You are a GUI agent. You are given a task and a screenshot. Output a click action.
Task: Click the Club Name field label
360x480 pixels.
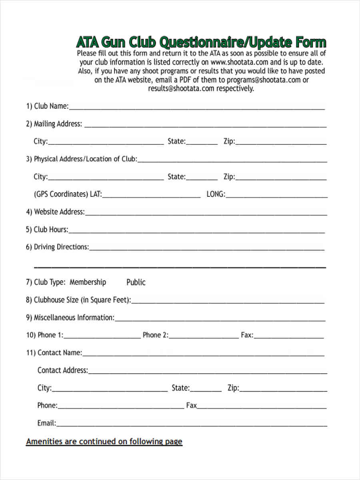(47, 106)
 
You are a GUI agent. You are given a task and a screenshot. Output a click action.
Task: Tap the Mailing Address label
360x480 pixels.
(54, 124)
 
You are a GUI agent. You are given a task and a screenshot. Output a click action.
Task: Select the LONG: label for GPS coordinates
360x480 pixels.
(216, 194)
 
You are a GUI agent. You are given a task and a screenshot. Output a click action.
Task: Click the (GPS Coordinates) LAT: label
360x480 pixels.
(68, 194)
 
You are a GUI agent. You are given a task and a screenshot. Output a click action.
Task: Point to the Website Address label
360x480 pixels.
(55, 212)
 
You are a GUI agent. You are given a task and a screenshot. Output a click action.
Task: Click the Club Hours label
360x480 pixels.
(47, 230)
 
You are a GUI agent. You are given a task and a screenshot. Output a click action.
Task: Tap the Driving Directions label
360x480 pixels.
(58, 247)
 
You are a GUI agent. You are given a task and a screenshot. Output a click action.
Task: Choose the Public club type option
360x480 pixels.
(136, 282)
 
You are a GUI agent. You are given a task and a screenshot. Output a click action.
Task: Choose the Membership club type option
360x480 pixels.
(88, 282)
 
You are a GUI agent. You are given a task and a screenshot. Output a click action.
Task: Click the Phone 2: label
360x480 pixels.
(156, 335)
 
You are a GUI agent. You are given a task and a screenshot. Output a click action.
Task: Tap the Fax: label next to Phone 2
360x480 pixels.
(247, 335)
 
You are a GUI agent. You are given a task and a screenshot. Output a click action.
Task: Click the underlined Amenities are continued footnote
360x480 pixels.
(104, 442)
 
